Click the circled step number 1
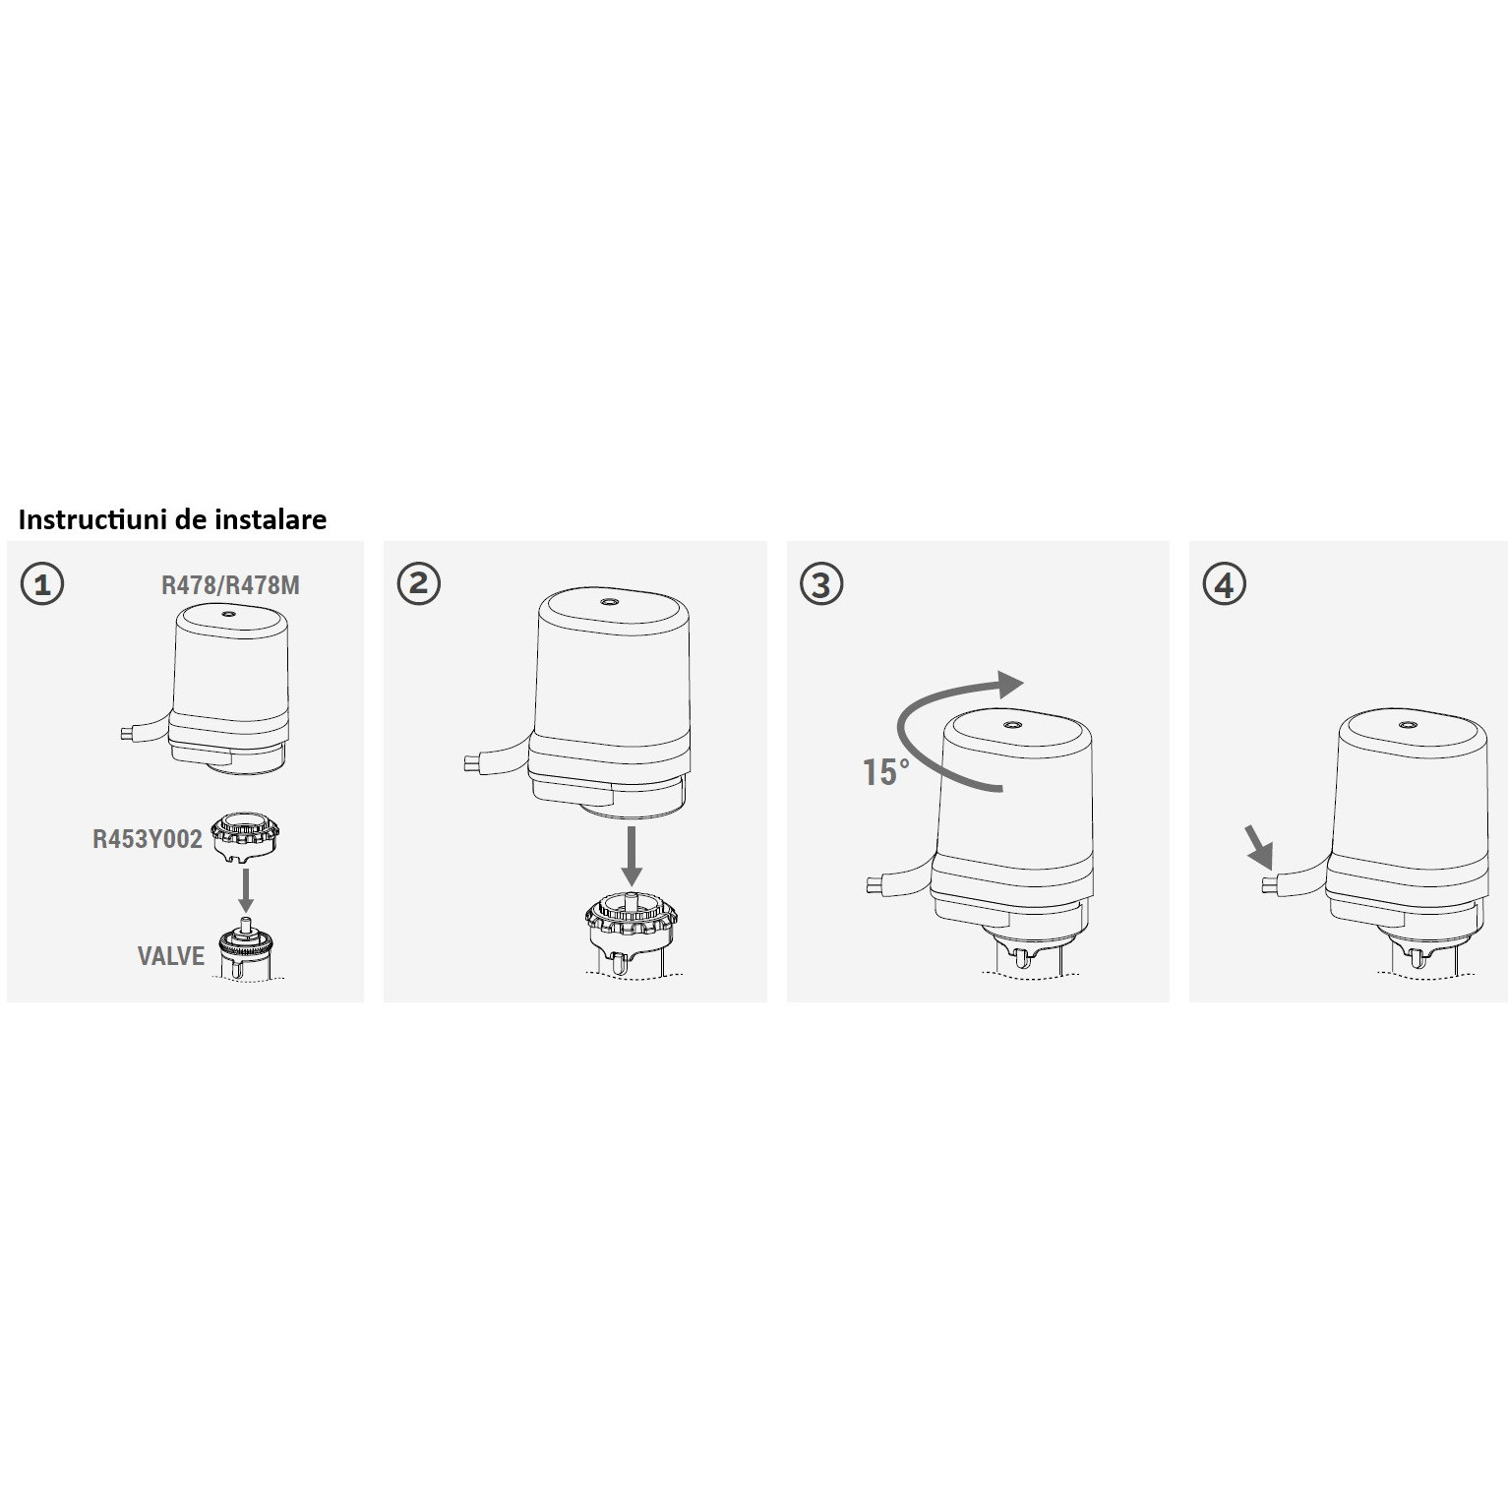pos(42,584)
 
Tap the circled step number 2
pos(419,583)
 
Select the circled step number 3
pos(822,584)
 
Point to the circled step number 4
pos(1225,584)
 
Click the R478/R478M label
pos(230,585)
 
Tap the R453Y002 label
pos(148,839)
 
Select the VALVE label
pos(171,955)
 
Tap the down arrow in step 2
pos(633,857)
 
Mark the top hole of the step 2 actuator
pos(612,602)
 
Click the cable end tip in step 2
pos(470,761)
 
